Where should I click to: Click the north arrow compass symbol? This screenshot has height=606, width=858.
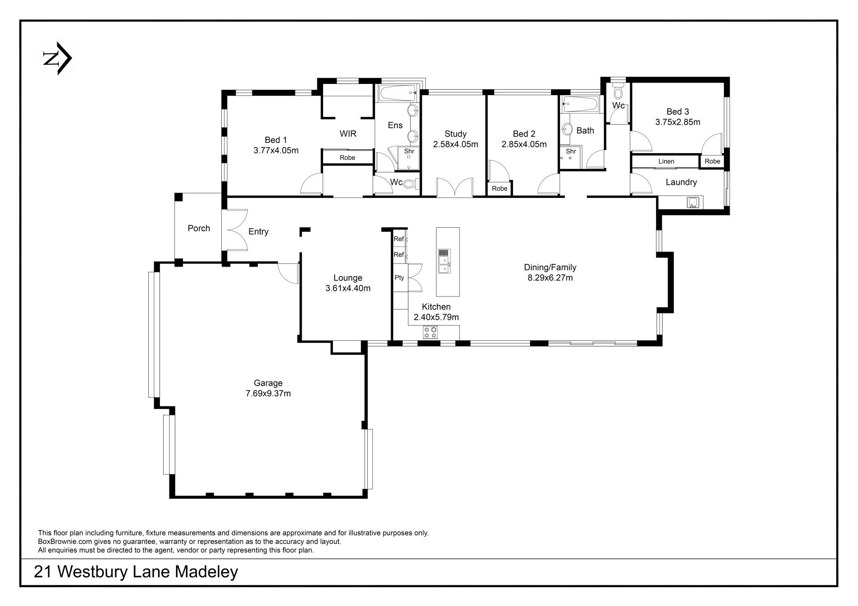point(57,58)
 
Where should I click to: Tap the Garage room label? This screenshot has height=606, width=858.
point(268,383)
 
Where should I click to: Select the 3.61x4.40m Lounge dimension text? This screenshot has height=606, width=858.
point(348,288)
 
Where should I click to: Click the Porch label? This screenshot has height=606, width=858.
point(199,228)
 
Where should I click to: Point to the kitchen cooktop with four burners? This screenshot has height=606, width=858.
point(430,332)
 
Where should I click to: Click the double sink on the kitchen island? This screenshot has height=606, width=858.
point(444,261)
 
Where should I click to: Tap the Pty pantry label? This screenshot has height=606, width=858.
point(399,278)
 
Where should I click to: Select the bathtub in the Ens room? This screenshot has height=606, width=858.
point(398,93)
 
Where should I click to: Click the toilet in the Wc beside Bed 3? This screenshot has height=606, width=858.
point(618,91)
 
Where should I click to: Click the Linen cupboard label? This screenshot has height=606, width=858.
point(666,162)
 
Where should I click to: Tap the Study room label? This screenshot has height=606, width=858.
point(455,134)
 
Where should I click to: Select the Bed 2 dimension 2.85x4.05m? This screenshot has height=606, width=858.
point(524,144)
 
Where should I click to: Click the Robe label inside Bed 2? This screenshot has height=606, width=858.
point(500,188)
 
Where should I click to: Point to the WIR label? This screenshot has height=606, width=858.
point(348,134)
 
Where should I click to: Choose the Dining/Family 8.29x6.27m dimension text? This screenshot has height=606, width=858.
point(550,278)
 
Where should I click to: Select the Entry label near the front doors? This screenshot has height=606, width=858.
point(258,232)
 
